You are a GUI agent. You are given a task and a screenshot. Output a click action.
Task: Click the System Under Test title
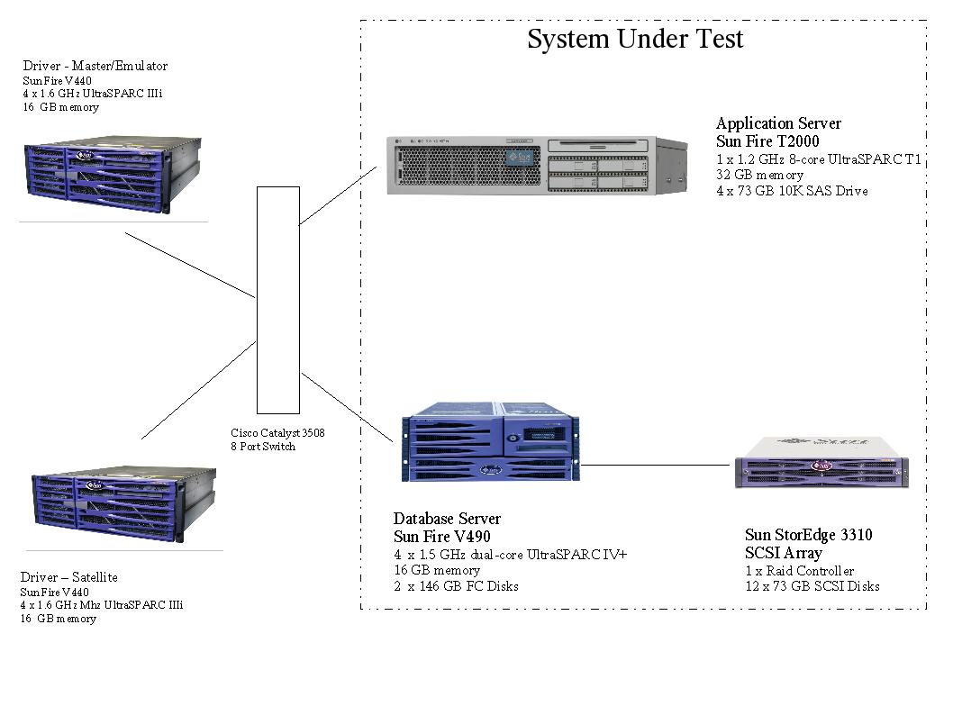(635, 40)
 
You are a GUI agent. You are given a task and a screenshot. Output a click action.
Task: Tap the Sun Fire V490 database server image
(490, 448)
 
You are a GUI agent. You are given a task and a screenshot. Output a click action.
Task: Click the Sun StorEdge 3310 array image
(821, 463)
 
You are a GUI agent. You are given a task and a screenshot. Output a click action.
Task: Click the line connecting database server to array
(655, 466)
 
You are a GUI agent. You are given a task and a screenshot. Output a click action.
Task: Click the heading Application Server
(778, 123)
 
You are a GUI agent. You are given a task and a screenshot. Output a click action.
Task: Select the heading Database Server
(447, 519)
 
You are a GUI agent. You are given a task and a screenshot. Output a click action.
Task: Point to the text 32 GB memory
(759, 176)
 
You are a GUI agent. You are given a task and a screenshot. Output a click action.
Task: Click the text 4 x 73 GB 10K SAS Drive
(792, 191)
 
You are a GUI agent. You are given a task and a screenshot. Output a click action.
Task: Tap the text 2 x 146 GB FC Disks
(456, 586)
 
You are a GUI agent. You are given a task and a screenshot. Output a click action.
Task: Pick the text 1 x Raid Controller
(799, 571)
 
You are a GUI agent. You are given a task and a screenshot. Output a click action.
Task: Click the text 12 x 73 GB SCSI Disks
(812, 586)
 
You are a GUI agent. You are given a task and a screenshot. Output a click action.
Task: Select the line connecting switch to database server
(348, 406)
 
